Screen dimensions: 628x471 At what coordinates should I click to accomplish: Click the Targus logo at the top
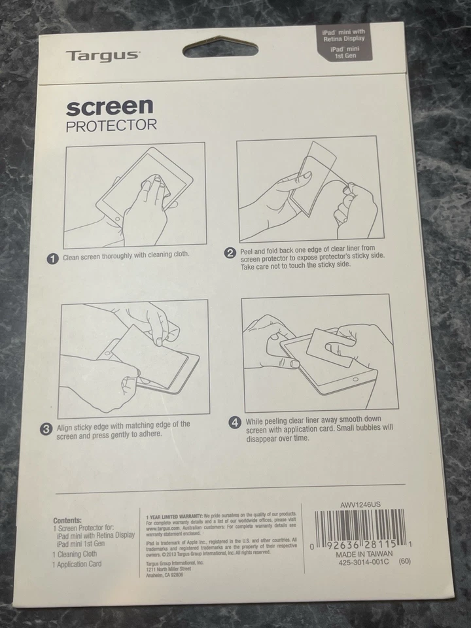(101, 55)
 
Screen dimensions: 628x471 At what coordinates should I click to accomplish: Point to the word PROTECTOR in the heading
(111, 126)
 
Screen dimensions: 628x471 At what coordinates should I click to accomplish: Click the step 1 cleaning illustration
(135, 194)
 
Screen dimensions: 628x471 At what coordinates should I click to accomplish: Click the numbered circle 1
(53, 258)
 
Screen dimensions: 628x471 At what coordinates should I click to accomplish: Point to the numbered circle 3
(46, 429)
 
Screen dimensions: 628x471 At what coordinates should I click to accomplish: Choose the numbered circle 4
(235, 423)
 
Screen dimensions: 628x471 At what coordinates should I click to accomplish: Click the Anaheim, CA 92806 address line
(164, 574)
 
